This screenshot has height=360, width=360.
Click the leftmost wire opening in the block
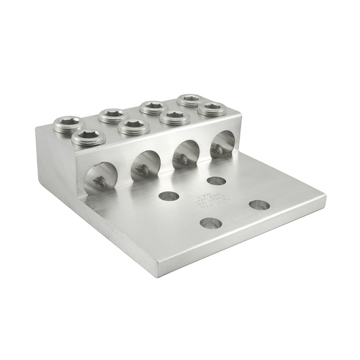coord(102,177)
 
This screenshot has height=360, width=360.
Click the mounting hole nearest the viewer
coord(211,223)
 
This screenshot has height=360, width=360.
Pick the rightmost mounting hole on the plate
coord(259,205)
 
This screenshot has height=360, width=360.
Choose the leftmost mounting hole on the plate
coord(169,196)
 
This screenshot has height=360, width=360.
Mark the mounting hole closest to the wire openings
coord(216,181)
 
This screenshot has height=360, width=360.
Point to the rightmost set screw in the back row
coord(189,99)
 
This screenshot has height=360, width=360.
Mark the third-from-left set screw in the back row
coord(152,107)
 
